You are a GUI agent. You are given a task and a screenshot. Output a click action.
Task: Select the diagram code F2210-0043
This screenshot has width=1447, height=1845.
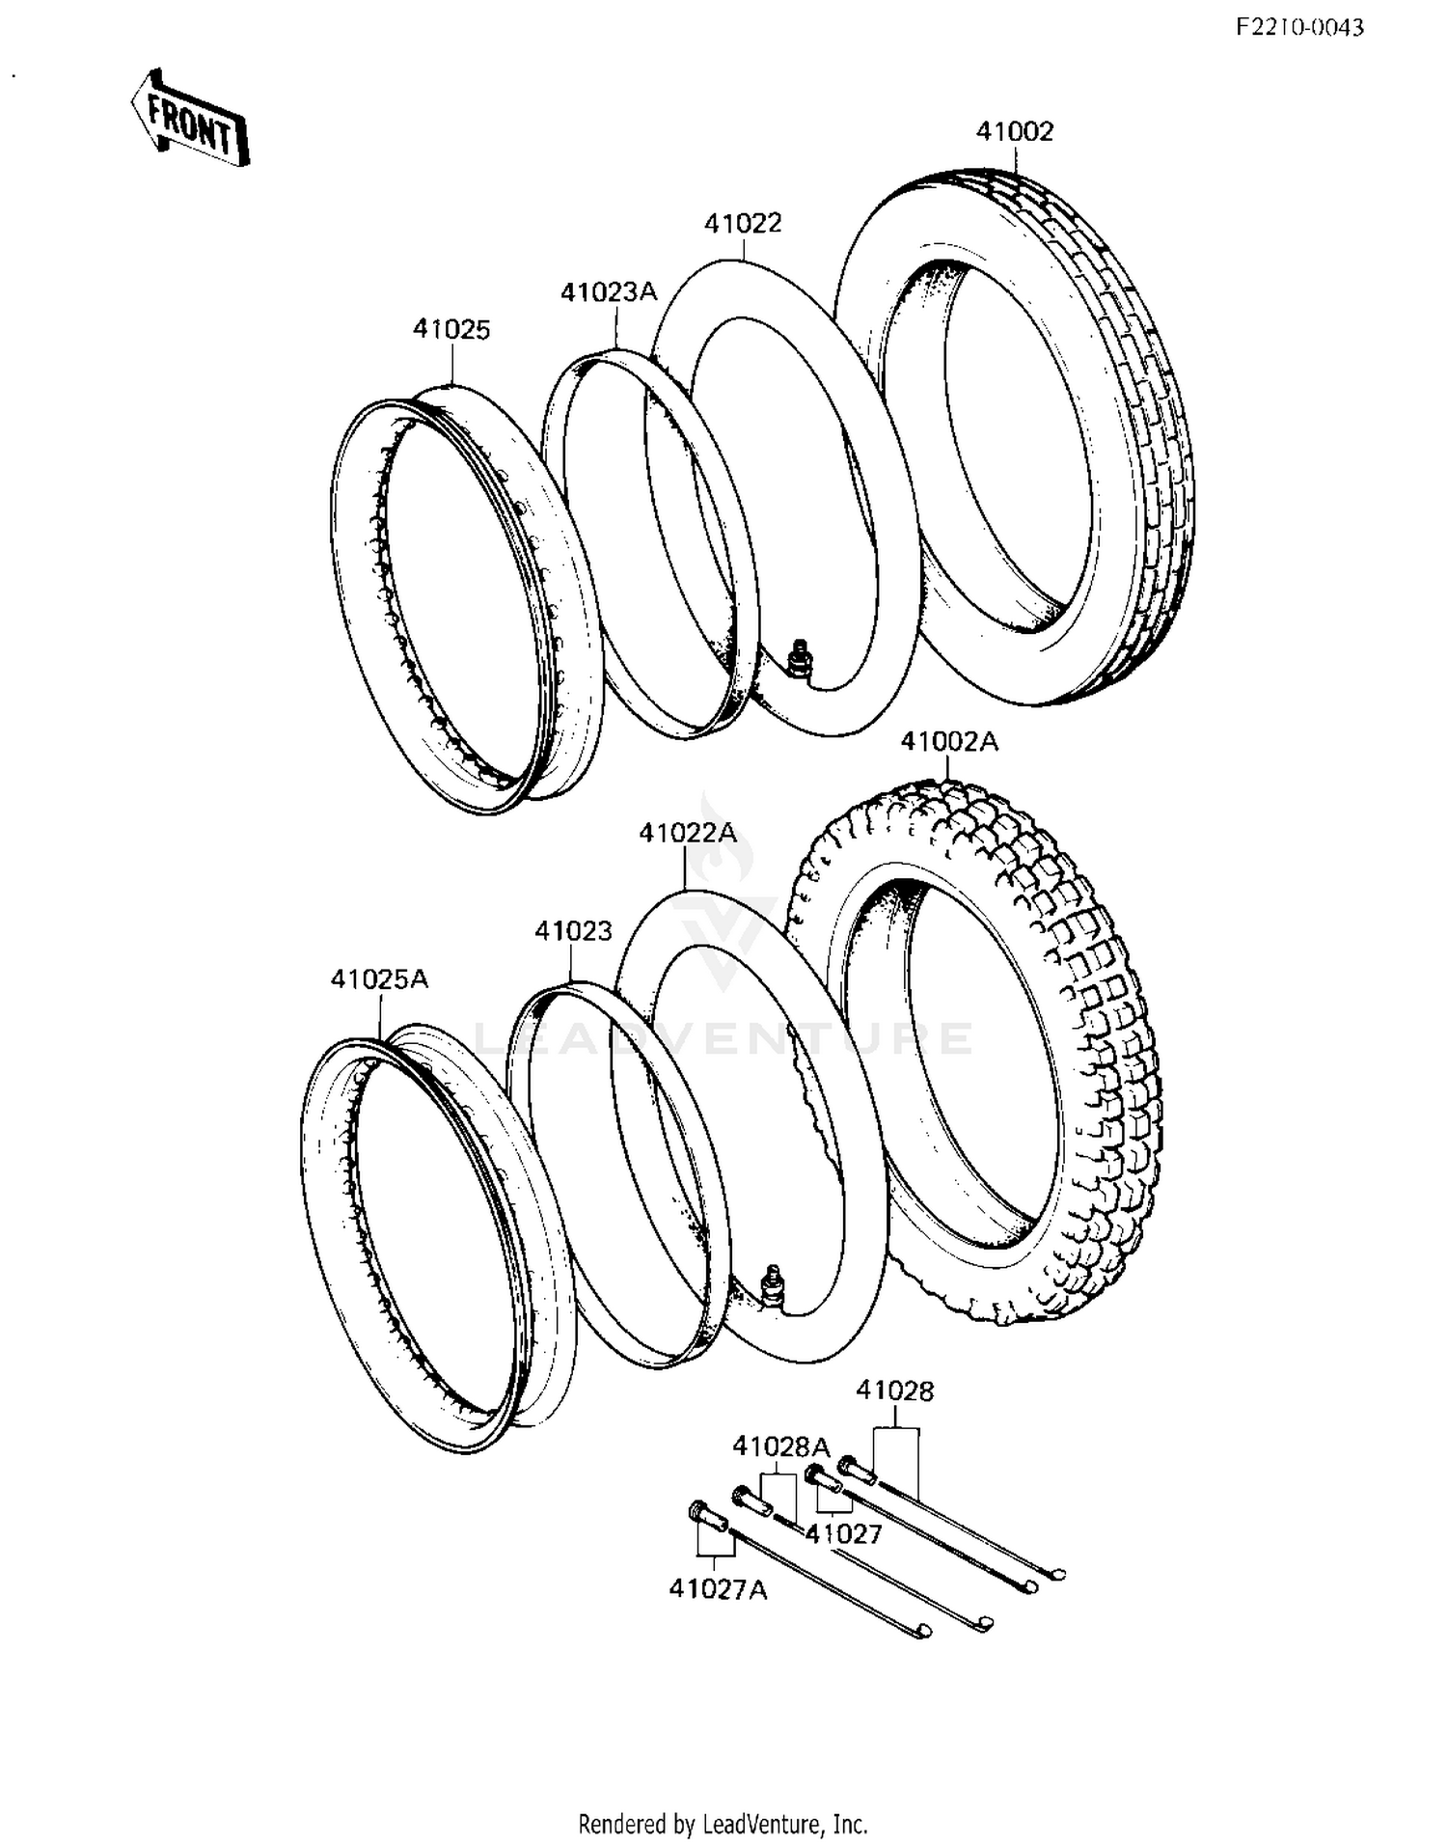tap(1299, 28)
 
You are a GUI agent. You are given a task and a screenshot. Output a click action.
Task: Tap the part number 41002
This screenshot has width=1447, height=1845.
tap(1015, 131)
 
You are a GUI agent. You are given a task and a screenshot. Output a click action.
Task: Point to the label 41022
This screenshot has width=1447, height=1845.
tap(743, 223)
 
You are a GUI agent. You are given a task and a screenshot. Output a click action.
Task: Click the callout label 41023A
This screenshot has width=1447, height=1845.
tap(609, 291)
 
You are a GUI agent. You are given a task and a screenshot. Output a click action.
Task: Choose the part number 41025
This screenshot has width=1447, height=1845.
tap(451, 329)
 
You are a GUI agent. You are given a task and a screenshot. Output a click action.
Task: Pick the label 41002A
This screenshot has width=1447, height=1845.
tap(949, 742)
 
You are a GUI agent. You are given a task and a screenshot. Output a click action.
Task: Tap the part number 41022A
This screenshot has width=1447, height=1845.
tap(687, 832)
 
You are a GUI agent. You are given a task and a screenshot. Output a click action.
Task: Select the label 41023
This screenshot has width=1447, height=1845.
tap(573, 930)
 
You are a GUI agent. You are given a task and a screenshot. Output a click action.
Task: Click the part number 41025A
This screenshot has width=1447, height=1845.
tap(379, 979)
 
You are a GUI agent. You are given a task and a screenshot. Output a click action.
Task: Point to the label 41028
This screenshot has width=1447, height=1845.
tap(895, 1391)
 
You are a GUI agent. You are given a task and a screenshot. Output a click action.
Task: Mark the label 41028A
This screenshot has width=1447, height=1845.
tap(780, 1446)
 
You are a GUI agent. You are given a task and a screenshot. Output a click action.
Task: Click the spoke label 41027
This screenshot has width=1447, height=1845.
tap(844, 1533)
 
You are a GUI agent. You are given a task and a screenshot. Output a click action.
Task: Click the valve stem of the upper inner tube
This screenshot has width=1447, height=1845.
tap(799, 659)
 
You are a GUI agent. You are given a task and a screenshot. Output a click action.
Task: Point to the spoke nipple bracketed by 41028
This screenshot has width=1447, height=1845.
tap(858, 1469)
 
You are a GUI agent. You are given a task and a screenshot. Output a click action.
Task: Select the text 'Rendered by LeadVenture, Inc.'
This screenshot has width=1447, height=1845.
tap(723, 1823)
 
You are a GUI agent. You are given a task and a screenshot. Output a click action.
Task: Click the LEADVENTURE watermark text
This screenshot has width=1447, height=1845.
tap(723, 1039)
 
